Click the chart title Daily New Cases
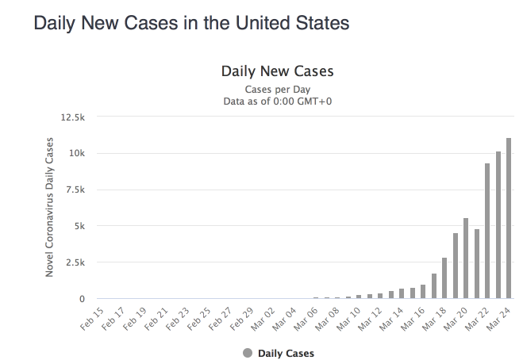277,71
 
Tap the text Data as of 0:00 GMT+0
277,101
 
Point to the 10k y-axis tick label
76,154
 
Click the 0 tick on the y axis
82,299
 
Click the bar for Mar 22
487,231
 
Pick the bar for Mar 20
466,259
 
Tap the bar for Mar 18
444,278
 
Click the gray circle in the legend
248,352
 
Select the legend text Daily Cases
286,352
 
